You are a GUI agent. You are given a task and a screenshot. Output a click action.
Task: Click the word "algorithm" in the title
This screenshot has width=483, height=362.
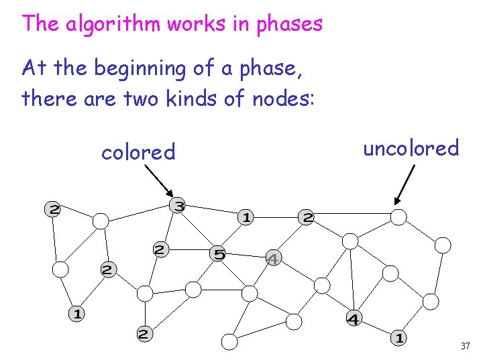point(102,24)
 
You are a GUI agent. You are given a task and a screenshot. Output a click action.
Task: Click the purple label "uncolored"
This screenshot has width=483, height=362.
point(411,147)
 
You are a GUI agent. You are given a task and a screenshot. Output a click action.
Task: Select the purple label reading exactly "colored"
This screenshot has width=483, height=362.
point(138,153)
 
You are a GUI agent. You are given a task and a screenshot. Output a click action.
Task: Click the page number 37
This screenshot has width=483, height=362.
point(465,347)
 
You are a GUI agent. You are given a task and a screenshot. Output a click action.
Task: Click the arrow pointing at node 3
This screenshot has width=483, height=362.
point(158,180)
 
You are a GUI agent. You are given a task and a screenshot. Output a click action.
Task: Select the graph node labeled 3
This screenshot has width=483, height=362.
point(178,206)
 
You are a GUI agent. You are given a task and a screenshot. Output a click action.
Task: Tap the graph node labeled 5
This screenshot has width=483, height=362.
point(219,253)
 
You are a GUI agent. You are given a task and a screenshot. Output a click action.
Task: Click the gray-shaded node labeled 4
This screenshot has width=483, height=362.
point(273,257)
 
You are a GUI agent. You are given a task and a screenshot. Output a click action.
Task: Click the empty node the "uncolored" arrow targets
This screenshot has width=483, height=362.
point(398,217)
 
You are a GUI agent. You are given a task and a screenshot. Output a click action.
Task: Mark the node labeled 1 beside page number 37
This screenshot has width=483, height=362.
point(399,337)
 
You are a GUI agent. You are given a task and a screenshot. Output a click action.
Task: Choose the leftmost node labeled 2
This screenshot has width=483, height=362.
point(52,210)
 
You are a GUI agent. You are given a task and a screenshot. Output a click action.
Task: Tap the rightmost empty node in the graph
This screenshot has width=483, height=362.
point(443,245)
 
